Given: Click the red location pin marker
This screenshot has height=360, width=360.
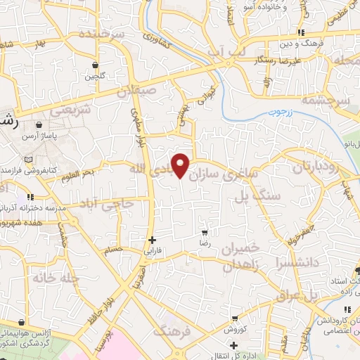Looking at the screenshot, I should coord(181,165).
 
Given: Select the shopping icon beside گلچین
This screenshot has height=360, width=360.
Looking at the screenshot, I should coord(94,65).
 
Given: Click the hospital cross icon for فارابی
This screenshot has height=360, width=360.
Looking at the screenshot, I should coord(153,240).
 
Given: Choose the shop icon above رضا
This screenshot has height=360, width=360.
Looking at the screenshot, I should coord(204,231).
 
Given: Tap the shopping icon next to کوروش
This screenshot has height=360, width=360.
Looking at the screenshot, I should coord(233,318).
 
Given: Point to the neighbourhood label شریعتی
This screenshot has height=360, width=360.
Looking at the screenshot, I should coord(70,110).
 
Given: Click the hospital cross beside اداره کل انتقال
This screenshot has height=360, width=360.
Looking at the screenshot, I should coord(212,345).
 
